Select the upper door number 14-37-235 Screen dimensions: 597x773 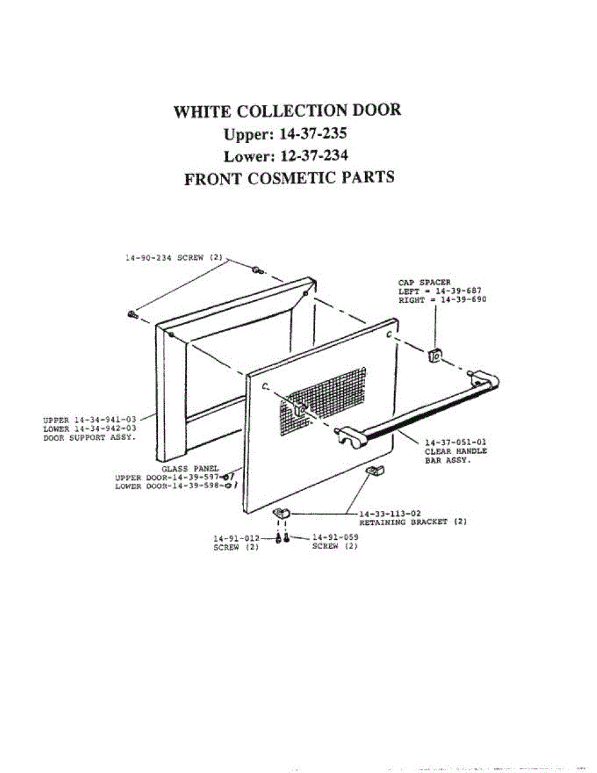pos(314,134)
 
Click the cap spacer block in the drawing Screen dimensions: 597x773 pos(434,354)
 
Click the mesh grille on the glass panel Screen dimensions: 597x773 pos(325,399)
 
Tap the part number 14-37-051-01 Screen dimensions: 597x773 pos(455,443)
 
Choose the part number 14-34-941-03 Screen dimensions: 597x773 pos(106,419)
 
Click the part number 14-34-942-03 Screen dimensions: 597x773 pos(106,428)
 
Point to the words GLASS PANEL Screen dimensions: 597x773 pos(190,468)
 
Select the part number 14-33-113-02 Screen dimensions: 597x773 pos(390,513)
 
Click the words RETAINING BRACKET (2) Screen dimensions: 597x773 pos(413,522)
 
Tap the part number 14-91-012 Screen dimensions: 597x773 pos(236,538)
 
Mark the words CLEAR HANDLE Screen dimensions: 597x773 pos(456,451)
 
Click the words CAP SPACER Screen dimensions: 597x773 pos(424,282)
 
